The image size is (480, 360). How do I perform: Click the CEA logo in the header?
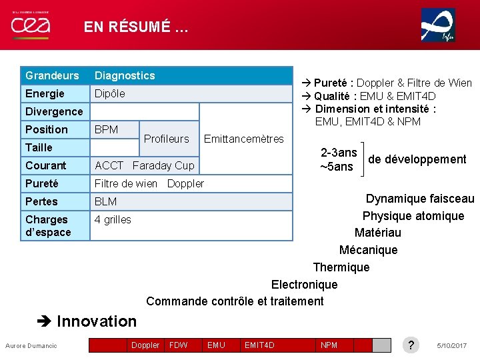(x=30, y=25)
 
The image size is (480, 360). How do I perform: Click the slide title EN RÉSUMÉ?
(x=136, y=27)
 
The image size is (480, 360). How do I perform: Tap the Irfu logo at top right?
(x=438, y=25)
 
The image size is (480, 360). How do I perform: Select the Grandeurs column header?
(x=52, y=75)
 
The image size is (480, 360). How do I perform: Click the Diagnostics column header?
(x=125, y=75)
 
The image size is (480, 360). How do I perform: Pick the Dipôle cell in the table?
(x=110, y=93)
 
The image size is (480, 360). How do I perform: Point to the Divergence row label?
(x=54, y=111)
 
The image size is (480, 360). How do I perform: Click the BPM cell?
(x=107, y=129)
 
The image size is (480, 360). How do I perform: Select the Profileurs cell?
(x=167, y=139)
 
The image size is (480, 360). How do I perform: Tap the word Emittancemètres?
(x=243, y=139)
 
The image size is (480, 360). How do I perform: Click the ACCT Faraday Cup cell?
(x=145, y=165)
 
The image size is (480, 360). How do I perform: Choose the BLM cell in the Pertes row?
(x=105, y=201)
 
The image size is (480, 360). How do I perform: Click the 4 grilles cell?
(x=113, y=219)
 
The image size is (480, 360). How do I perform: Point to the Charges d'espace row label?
(x=48, y=225)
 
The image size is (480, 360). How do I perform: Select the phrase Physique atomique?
(x=413, y=215)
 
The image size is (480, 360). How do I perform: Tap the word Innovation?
(x=97, y=321)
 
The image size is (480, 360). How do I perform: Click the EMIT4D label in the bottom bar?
(x=259, y=345)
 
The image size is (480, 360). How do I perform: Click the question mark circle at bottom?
(x=411, y=345)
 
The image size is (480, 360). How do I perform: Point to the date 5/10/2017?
(x=452, y=345)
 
